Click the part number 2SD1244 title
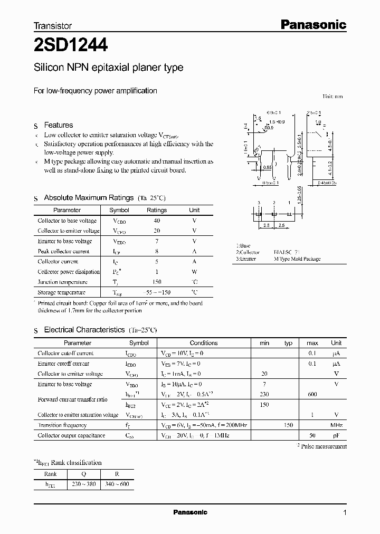tap(71, 46)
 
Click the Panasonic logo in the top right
tap(311, 24)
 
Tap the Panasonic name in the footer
tap(190, 512)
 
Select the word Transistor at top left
tap(52, 25)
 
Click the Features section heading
tap(58, 125)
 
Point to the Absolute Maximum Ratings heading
tap(88, 198)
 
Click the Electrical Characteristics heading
tap(84, 330)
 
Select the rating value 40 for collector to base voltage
tap(157, 221)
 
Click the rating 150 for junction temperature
tap(157, 282)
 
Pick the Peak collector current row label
tap(63, 252)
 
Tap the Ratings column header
tap(157, 210)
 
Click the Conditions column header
tap(203, 343)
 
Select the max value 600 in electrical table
tap(312, 394)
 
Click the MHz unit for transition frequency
tap(336, 425)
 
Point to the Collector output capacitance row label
tap(71, 436)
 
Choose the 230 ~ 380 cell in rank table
tap(83, 484)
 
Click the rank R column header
tap(117, 473)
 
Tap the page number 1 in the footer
tap(345, 512)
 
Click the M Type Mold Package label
tap(297, 259)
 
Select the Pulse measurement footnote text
tap(322, 446)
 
